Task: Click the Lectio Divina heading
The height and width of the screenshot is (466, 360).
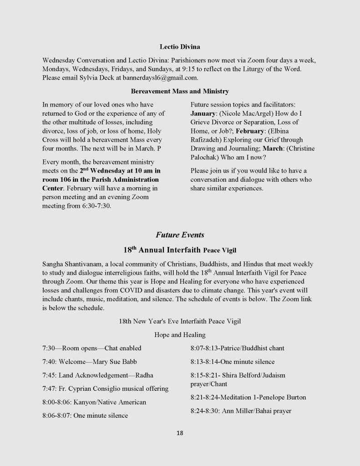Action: (180, 46)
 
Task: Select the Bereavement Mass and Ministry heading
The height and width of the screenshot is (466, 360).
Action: (180, 92)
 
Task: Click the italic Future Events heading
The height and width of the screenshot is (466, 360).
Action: (180, 235)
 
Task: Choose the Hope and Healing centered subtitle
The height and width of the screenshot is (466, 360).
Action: (180, 335)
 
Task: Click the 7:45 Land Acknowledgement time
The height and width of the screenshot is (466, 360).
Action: (49, 375)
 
